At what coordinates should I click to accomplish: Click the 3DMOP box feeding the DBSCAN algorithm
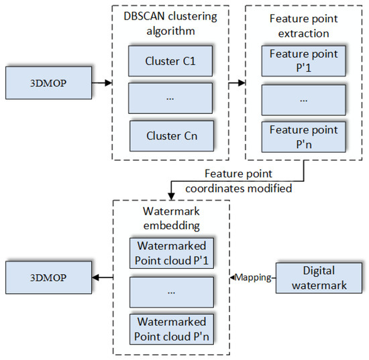click(x=48, y=84)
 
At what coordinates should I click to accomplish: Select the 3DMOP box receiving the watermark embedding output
click(x=48, y=276)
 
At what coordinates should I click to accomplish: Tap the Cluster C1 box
click(x=172, y=63)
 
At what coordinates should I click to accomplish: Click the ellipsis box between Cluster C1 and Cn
click(x=172, y=99)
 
